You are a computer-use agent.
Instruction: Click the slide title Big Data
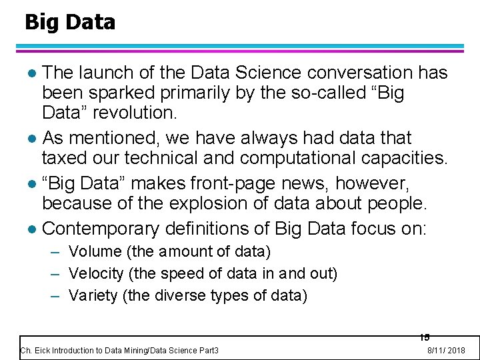click(x=69, y=22)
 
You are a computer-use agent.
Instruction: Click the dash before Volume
click(x=56, y=252)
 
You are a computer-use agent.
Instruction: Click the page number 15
click(x=425, y=337)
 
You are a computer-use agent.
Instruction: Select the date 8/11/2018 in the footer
click(x=446, y=351)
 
